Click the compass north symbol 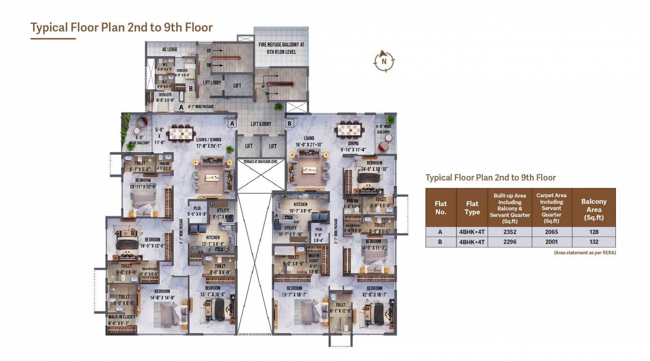[x=384, y=61]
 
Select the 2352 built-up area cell [x=509, y=232]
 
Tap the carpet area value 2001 [x=551, y=242]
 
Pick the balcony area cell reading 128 [x=594, y=232]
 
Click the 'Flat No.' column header [x=441, y=208]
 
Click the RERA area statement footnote [x=584, y=253]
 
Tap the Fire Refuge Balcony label [x=281, y=48]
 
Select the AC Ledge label [x=169, y=50]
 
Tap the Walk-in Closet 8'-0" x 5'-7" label [x=122, y=320]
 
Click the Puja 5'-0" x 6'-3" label [x=197, y=211]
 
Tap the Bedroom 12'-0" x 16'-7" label [x=375, y=291]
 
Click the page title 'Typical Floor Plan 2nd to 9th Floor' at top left [x=122, y=27]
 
